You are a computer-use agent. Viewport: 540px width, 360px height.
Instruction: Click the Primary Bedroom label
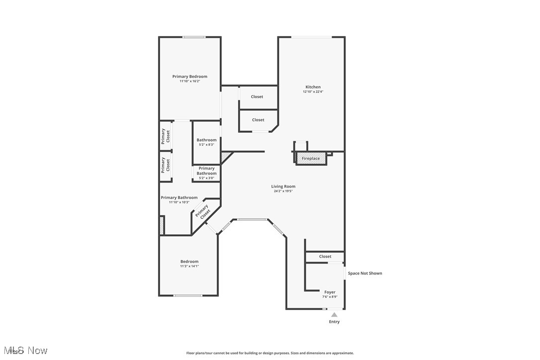point(189,77)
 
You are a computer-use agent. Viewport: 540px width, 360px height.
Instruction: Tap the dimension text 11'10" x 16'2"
point(189,81)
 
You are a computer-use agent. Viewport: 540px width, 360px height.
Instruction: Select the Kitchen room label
point(313,87)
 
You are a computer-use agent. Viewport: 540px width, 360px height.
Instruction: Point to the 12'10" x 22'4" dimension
point(313,91)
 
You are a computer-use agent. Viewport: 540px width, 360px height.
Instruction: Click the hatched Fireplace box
point(311,159)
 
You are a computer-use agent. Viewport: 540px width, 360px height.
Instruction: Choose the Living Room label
point(283,186)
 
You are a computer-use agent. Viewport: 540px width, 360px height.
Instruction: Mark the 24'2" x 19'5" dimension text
point(283,191)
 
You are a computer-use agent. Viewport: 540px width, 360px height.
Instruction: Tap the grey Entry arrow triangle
point(334,315)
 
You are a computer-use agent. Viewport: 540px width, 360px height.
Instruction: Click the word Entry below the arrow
point(334,322)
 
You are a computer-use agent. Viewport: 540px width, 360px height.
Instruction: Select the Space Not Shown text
point(365,273)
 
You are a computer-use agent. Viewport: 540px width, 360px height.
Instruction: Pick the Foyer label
point(330,292)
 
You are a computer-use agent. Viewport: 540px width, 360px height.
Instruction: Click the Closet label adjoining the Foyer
point(325,257)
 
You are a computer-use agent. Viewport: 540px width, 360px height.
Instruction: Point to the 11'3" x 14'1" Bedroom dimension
point(189,266)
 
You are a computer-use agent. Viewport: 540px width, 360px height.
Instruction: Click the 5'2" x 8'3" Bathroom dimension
point(206,145)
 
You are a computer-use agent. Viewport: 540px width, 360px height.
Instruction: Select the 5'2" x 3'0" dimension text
point(206,178)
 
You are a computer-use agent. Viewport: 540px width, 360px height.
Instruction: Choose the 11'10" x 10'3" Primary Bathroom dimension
point(179,202)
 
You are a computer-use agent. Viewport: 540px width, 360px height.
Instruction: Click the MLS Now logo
point(24,351)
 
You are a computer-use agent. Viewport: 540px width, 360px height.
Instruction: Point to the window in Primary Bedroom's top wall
point(194,37)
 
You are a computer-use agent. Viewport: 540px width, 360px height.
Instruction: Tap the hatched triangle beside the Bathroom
point(226,157)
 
